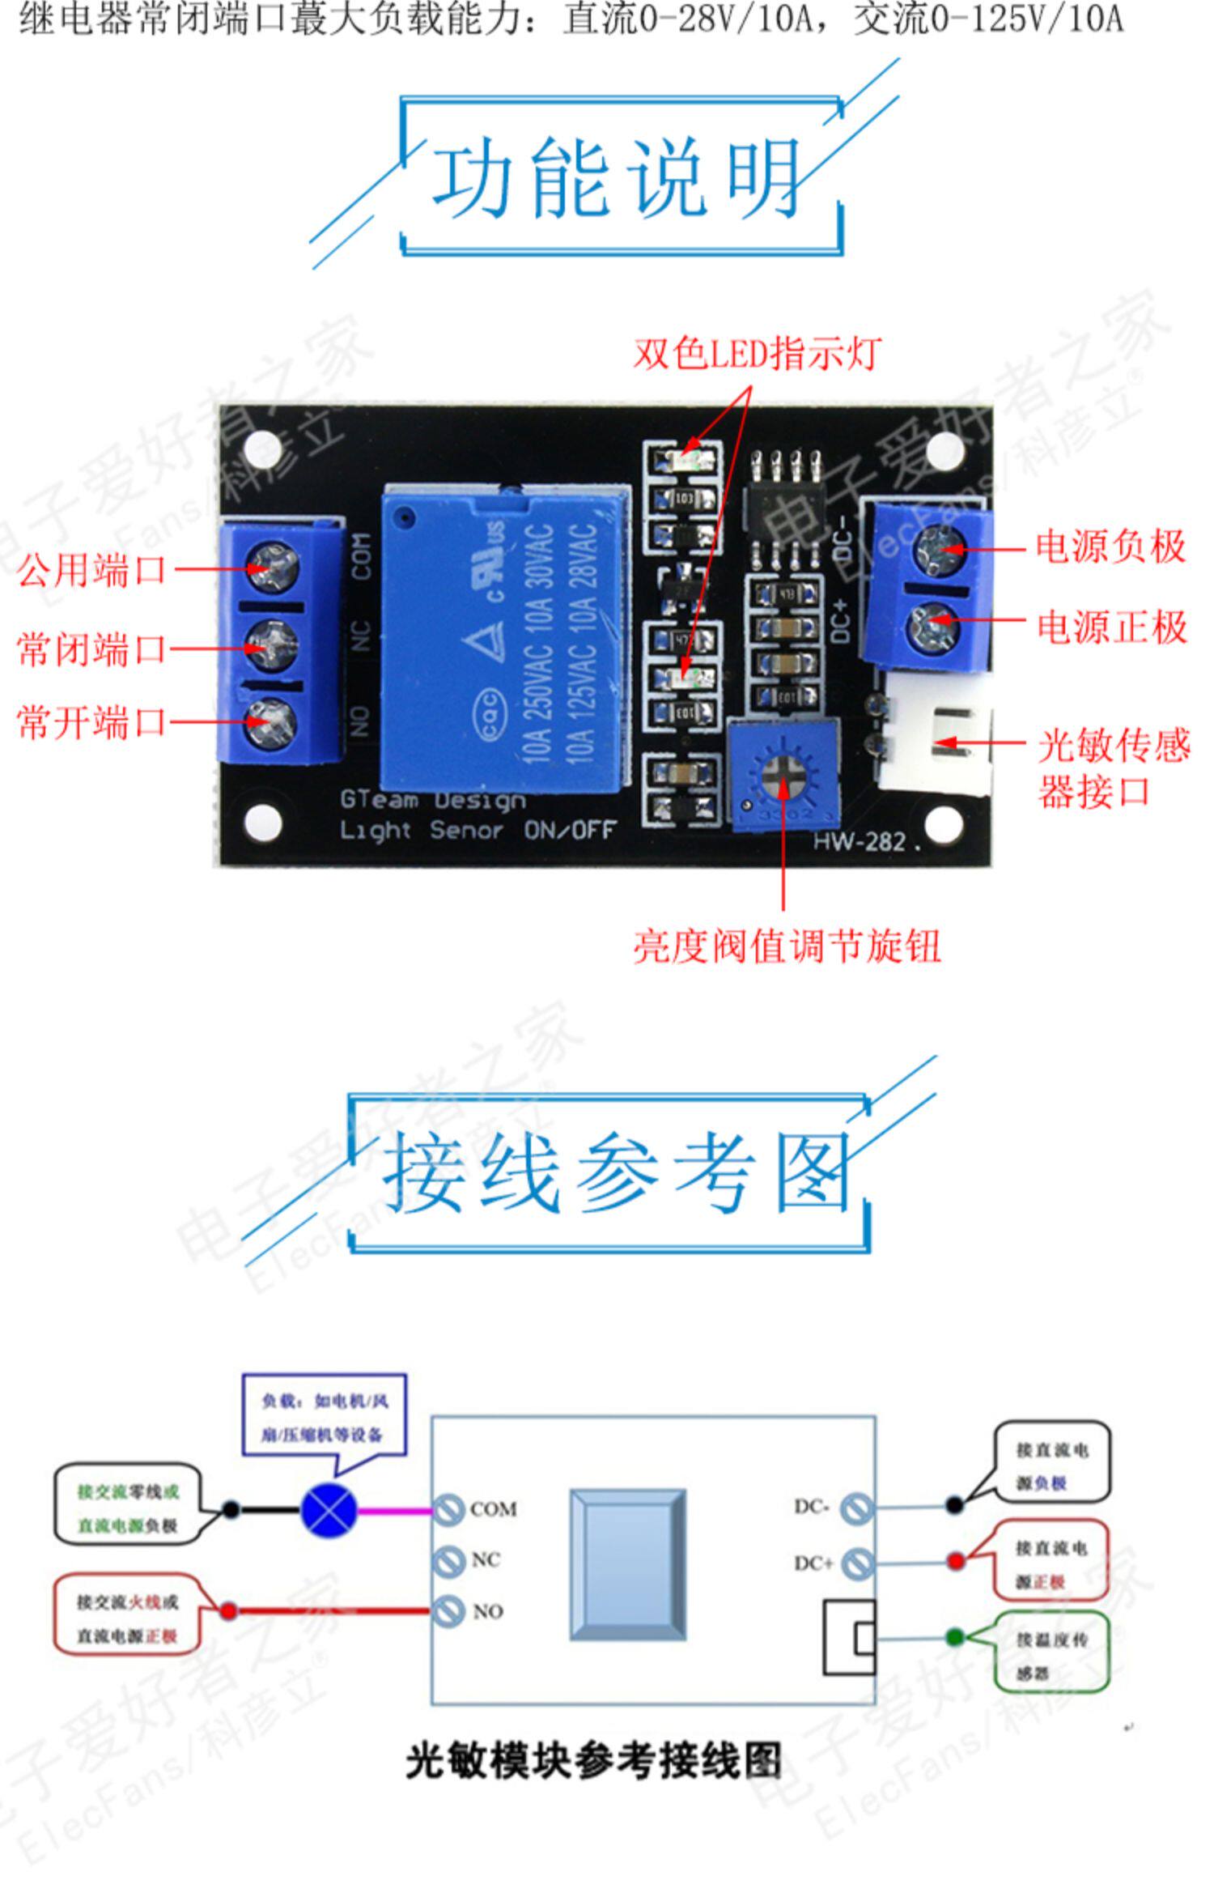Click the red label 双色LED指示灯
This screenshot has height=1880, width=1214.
(756, 354)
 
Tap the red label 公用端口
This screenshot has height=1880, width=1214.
(91, 569)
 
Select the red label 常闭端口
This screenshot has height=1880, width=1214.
(91, 649)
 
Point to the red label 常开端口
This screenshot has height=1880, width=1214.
(91, 721)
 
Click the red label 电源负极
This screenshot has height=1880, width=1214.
(1111, 547)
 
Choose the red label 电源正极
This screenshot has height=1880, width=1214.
(1111, 627)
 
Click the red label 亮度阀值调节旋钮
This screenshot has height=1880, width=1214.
(786, 946)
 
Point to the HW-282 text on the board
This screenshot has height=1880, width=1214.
(860, 842)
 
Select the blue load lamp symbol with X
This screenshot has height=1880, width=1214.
(329, 1510)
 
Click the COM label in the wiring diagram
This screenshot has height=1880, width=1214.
(493, 1509)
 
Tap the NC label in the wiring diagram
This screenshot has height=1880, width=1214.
(486, 1560)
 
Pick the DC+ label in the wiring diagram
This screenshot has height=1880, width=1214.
(813, 1563)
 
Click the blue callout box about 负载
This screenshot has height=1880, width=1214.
(324, 1417)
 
